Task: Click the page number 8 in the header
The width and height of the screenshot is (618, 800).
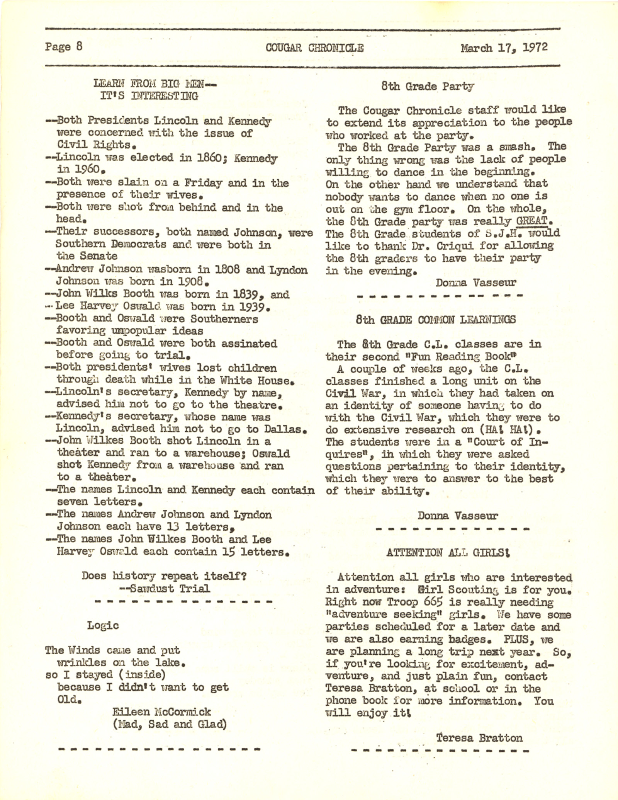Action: [x=79, y=46]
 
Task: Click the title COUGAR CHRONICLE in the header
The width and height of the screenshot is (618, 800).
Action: [x=314, y=48]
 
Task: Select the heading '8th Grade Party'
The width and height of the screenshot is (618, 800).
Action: [x=427, y=87]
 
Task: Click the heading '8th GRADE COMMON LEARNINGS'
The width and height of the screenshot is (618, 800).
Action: [x=435, y=320]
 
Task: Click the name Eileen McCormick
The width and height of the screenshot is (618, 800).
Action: [x=161, y=712]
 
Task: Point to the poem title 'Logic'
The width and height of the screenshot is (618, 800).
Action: [x=103, y=626]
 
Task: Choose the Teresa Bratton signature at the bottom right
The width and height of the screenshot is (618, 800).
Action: [x=479, y=738]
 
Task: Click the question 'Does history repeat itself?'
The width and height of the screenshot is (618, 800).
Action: [x=164, y=576]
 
